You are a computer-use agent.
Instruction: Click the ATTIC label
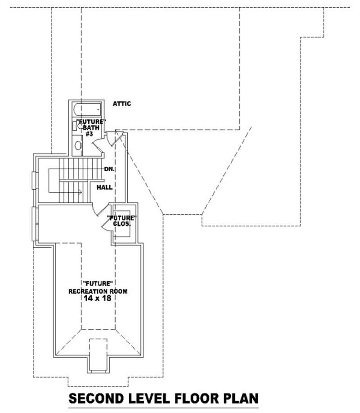point(121,104)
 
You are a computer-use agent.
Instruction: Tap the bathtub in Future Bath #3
point(87,109)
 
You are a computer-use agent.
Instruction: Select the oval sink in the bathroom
point(77,145)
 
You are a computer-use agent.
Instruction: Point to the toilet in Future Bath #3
point(76,126)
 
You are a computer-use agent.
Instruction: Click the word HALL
point(104,187)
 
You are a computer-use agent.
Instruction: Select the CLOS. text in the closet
point(121,223)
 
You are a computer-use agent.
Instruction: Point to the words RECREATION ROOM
point(98,291)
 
